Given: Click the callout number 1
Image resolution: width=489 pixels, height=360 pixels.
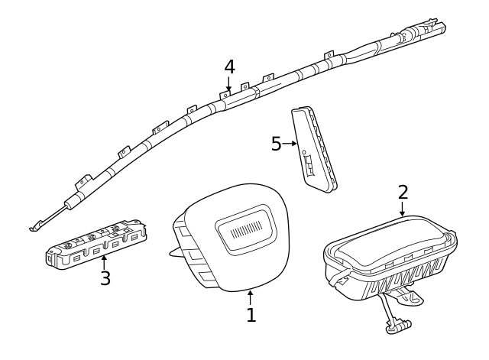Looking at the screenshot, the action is coord(251,315).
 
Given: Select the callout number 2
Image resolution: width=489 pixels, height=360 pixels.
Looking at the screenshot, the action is coord(403,192).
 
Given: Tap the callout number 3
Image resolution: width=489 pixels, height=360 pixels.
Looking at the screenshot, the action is coord(105,278).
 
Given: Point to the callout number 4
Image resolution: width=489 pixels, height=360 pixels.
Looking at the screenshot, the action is coord(229,67).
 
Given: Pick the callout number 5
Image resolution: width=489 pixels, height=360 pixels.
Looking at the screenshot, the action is coord(277,144).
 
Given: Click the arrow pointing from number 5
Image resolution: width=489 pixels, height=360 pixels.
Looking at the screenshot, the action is coord(290,144).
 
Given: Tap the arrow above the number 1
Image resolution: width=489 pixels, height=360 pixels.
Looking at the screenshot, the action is coord(250,297).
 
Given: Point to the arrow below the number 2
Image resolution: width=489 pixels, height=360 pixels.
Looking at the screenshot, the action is coord(403,209).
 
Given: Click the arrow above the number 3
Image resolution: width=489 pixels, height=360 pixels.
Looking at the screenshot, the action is coord(104,262).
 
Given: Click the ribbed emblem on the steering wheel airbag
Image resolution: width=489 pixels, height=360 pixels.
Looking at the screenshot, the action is coord(246,229).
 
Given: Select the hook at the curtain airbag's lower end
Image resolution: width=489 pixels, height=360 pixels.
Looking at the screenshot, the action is coord(37,225).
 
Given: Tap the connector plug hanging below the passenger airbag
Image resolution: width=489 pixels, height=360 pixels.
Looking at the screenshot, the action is coord(398,326).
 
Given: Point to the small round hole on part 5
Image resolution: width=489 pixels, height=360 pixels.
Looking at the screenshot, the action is coord(304,152).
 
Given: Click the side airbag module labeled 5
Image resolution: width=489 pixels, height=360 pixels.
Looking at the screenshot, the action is coord(314,149).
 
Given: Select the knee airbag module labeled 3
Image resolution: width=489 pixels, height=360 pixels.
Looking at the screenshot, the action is coord(97,243).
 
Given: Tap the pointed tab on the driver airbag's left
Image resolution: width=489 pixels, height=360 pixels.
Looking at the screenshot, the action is coord(176,253).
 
